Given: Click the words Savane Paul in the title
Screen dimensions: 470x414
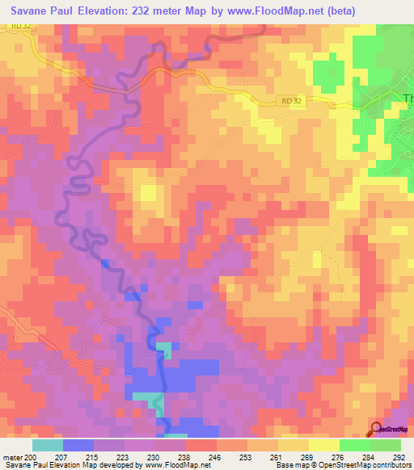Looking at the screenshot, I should pyautogui.click(x=44, y=9).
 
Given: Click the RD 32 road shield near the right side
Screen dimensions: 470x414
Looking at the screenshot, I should pyautogui.click(x=296, y=99).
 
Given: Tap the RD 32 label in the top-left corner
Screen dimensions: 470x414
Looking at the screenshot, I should pyautogui.click(x=22, y=26).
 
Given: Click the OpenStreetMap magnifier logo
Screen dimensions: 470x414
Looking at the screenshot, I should pyautogui.click(x=376, y=429).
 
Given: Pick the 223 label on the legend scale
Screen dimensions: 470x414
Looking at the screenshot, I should pyautogui.click(x=124, y=456).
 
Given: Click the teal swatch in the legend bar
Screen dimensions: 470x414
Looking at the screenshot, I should pyautogui.click(x=47, y=445).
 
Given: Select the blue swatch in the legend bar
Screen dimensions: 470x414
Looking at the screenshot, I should pyautogui.click(x=78, y=445).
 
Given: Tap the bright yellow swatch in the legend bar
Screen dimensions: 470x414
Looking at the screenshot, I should pyautogui.click(x=324, y=445).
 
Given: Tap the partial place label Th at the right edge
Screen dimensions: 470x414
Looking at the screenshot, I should pyautogui.click(x=406, y=99).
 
